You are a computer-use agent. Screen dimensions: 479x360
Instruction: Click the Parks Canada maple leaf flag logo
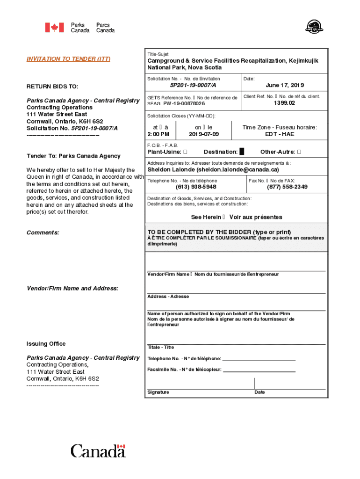[x=54, y=28]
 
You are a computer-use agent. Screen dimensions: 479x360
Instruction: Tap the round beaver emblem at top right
[x=311, y=27]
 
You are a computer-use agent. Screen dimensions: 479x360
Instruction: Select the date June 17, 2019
[x=284, y=85]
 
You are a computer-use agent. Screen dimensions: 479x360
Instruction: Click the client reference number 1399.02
[x=284, y=103]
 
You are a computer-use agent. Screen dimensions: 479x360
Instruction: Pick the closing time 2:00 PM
[x=158, y=134]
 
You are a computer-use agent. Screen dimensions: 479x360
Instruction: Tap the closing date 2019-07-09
[x=203, y=134]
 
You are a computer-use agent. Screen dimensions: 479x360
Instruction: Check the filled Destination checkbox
[x=242, y=152]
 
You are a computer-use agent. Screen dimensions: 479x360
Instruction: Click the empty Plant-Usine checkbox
[x=186, y=152]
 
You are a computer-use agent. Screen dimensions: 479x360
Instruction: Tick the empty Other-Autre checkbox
[x=299, y=152]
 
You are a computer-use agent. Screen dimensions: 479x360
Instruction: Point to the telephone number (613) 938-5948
[x=196, y=187]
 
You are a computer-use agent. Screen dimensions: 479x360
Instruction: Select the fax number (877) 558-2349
[x=287, y=187]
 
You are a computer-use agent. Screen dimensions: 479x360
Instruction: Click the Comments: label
[x=43, y=232]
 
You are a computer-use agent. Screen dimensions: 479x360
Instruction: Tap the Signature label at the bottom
[x=158, y=392]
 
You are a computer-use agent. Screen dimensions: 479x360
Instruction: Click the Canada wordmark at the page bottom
[x=98, y=451]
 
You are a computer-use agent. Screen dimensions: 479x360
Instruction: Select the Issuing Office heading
[x=46, y=344]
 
